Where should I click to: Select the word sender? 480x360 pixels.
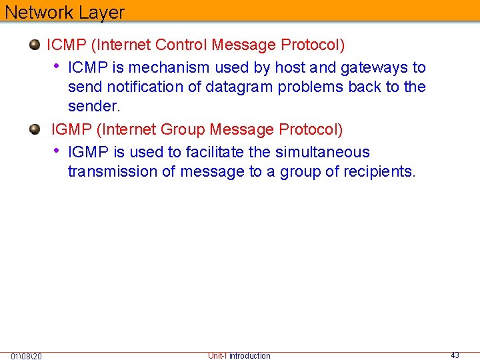(x=94, y=106)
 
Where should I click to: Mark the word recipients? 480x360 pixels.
(x=379, y=171)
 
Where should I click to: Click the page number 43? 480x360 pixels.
(x=455, y=355)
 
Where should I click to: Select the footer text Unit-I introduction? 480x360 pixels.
(x=239, y=355)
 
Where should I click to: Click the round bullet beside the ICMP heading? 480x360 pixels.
(x=35, y=45)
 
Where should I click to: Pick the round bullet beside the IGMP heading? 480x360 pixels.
(x=35, y=129)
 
